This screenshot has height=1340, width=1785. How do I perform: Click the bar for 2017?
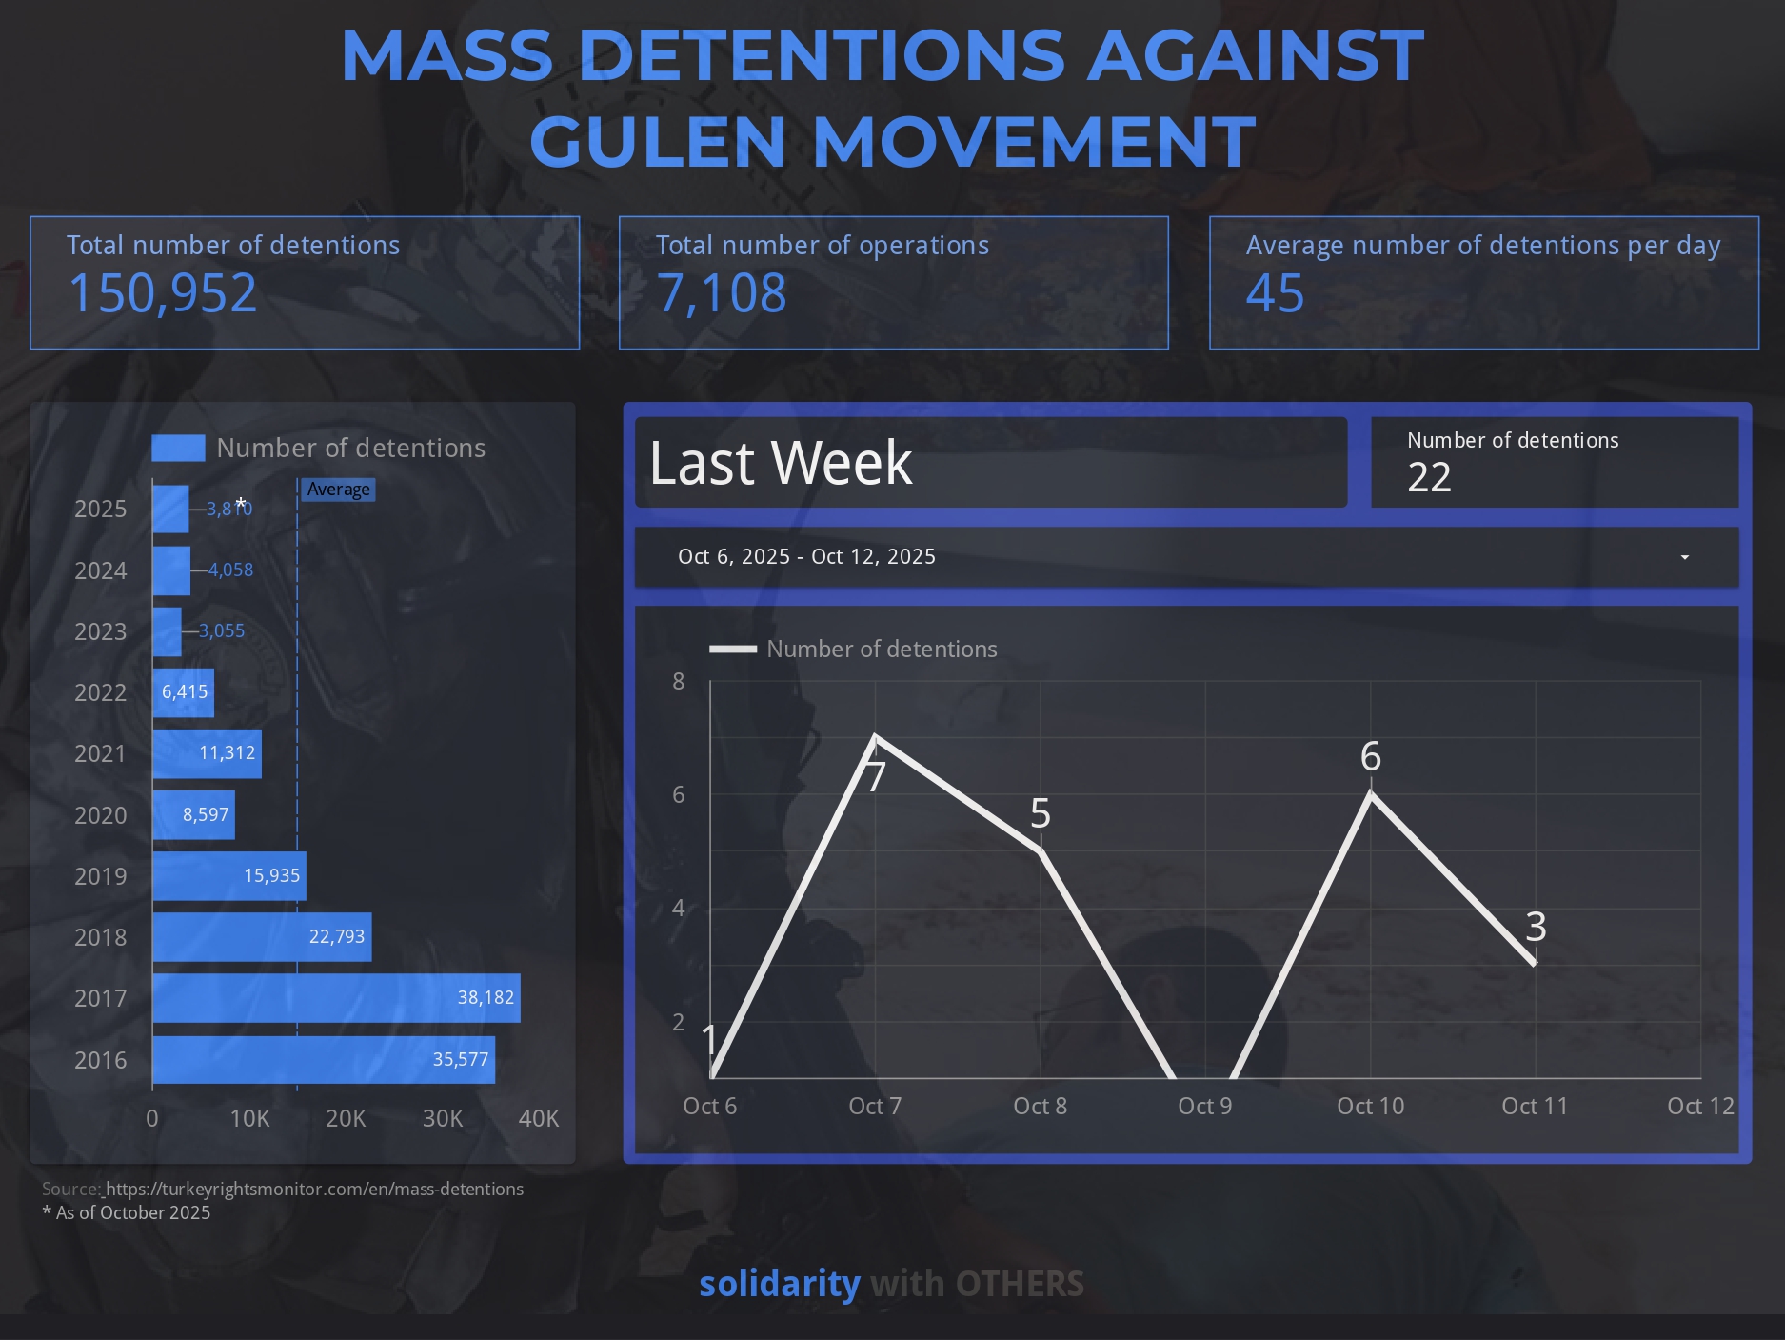(336, 998)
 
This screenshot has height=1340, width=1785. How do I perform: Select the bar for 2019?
(229, 876)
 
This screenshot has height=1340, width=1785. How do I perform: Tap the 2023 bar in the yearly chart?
(167, 631)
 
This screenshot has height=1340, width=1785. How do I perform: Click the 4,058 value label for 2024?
(230, 570)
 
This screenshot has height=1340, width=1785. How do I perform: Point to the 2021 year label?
(100, 753)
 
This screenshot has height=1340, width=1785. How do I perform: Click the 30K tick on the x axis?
(443, 1118)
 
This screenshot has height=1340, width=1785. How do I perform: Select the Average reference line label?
(338, 490)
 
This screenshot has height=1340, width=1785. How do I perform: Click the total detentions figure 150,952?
(163, 293)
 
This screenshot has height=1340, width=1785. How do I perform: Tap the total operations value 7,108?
(722, 293)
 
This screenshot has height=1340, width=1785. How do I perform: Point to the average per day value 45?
(1275, 293)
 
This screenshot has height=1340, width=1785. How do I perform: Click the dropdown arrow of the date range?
(1685, 557)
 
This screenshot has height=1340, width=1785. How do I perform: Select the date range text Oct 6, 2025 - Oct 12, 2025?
(806, 556)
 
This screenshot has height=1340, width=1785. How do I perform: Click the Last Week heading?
(781, 463)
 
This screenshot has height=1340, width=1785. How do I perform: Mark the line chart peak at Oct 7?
(875, 736)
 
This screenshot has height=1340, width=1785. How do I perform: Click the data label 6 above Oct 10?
(1370, 756)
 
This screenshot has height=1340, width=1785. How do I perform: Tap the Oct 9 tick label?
(1204, 1106)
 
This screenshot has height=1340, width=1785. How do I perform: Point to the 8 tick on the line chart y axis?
(678, 681)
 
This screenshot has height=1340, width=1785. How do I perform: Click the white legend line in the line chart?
(733, 649)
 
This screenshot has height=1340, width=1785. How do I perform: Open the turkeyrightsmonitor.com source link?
(314, 1189)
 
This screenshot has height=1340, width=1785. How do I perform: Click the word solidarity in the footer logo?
(780, 1284)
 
